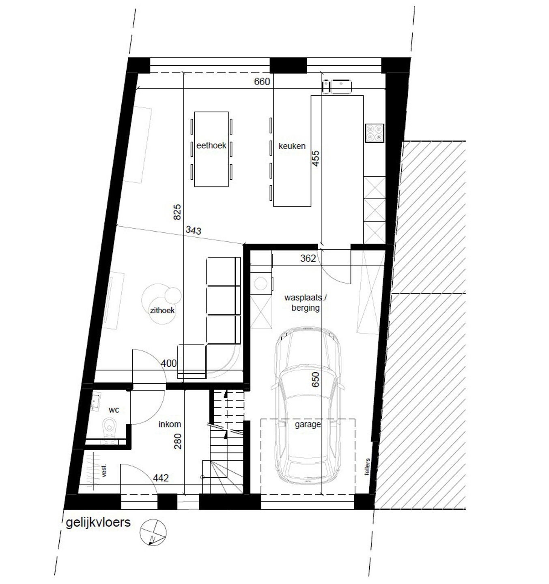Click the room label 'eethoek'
(211, 146)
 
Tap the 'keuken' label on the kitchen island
(292, 146)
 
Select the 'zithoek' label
(162, 310)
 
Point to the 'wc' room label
(114, 410)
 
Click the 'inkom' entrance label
(170, 425)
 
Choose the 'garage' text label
(308, 425)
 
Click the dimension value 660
(262, 82)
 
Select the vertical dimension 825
(177, 212)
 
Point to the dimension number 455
(316, 158)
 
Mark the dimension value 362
(308, 258)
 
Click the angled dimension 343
(193, 230)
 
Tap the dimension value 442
(161, 478)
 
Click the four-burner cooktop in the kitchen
(374, 133)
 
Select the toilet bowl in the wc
(109, 427)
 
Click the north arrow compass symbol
(153, 532)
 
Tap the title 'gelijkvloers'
(98, 522)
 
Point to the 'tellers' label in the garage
(368, 467)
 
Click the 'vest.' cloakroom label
(104, 471)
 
